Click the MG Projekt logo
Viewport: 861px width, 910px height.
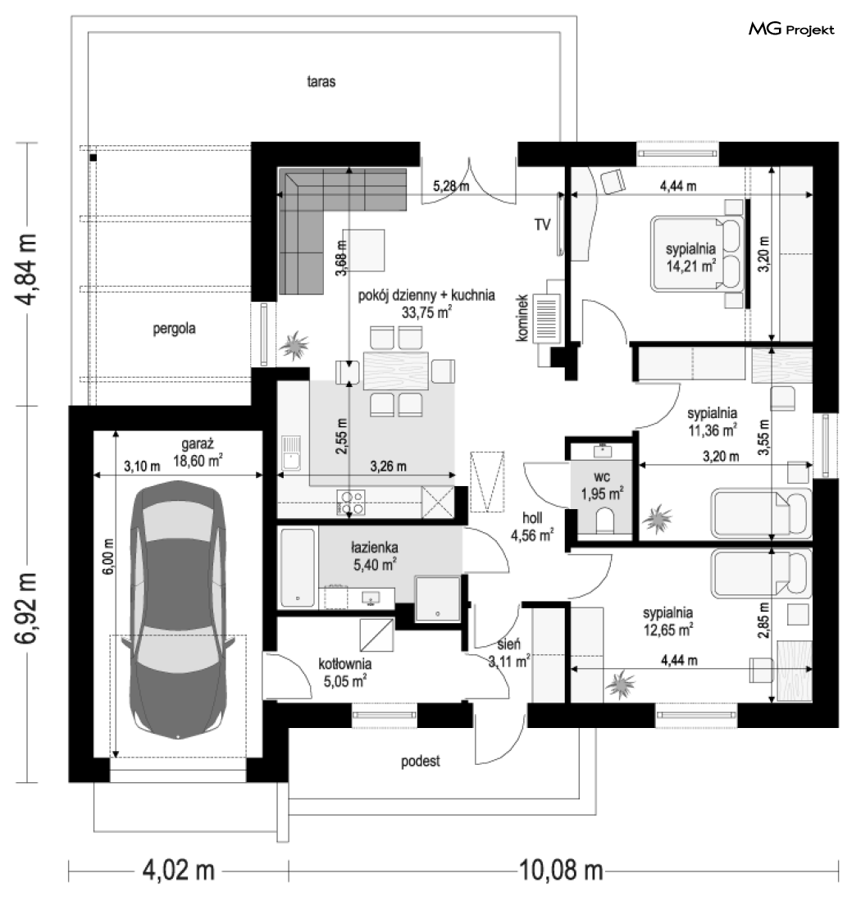790,29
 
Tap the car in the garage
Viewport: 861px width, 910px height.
178,609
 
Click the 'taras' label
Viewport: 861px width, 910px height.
321,81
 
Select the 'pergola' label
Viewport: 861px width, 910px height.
174,329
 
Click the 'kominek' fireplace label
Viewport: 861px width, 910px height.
522,317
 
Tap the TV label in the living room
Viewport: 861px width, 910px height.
542,225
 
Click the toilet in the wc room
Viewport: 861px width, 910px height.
604,520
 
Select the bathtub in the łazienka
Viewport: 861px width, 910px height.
298,567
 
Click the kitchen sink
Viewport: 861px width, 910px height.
290,453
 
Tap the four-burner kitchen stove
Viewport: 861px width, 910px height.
351,503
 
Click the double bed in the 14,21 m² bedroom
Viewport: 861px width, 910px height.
697,253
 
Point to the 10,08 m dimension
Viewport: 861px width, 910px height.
561,871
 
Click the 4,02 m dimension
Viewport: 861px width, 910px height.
179,871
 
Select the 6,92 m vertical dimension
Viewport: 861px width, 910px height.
27,607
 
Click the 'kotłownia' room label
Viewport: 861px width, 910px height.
345,664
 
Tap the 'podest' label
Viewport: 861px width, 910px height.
421,761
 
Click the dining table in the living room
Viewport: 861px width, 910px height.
396,371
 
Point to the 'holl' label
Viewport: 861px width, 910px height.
532,518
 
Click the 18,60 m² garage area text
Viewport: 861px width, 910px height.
198,461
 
